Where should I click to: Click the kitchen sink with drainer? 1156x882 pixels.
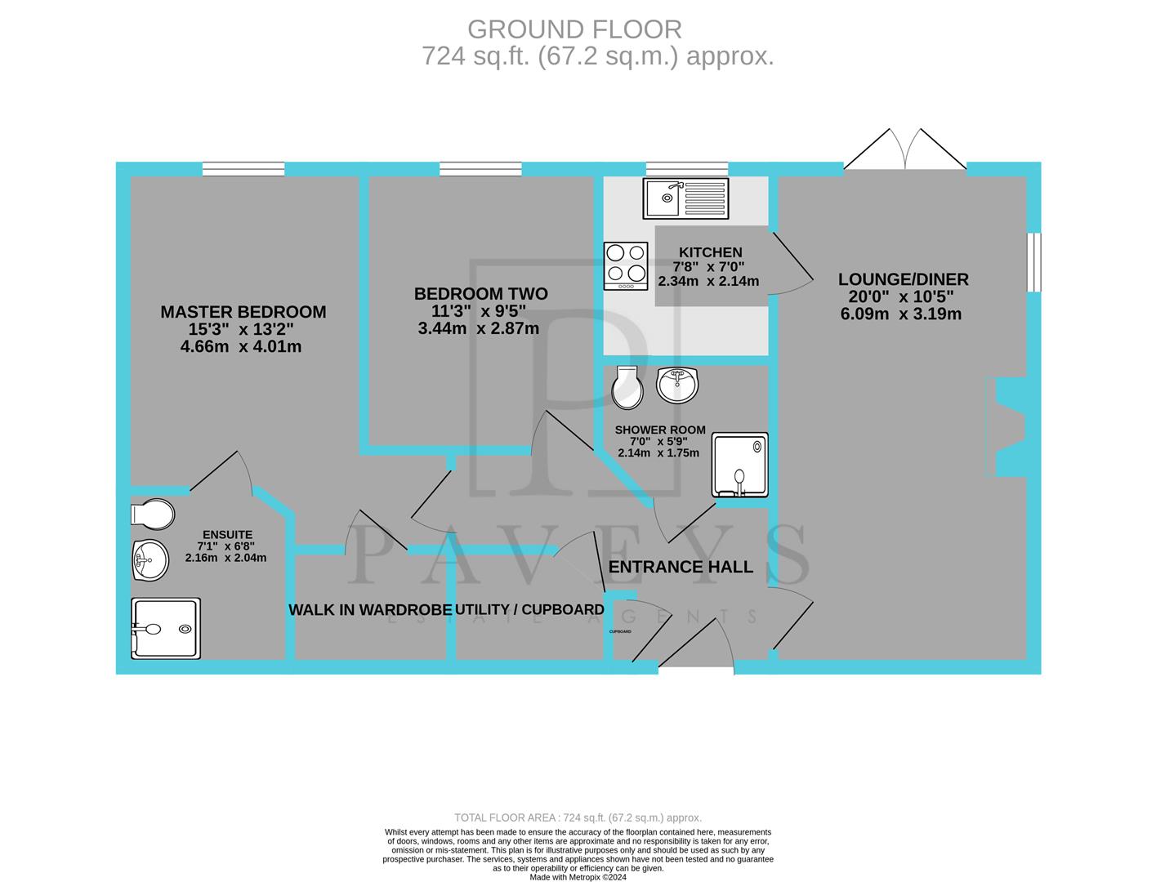(x=685, y=198)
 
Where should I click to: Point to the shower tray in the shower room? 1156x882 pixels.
(x=740, y=465)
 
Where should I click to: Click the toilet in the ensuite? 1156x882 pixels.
(x=153, y=514)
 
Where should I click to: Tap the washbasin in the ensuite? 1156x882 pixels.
(x=150, y=560)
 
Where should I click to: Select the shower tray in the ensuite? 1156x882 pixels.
(x=166, y=628)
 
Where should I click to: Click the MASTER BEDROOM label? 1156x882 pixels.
(x=243, y=312)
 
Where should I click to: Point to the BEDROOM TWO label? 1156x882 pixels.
(x=480, y=294)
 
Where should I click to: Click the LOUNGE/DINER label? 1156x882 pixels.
(x=903, y=279)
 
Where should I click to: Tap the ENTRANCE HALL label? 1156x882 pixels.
(x=681, y=567)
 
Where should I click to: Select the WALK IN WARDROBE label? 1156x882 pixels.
(x=369, y=610)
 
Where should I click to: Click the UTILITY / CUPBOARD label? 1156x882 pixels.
(x=529, y=610)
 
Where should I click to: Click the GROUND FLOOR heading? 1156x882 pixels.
(x=574, y=29)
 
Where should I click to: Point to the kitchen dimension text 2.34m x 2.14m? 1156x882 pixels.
(x=708, y=281)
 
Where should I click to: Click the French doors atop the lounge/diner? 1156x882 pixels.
(x=904, y=152)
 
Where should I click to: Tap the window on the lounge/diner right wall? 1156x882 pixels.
(x=1034, y=261)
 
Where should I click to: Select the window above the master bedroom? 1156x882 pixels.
(x=243, y=169)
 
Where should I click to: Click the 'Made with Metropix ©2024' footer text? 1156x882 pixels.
(x=578, y=877)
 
